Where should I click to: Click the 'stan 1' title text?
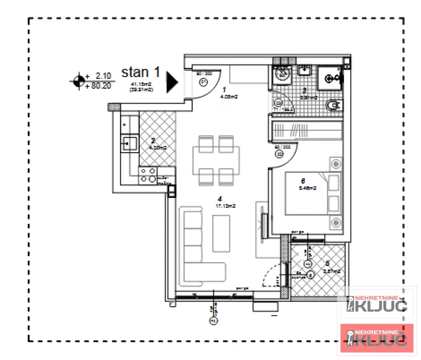[x=140, y=72]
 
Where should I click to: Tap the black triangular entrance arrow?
[x=172, y=82]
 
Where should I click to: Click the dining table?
[x=216, y=160]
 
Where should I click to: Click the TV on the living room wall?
[x=264, y=226]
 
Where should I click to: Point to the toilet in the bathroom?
[x=333, y=106]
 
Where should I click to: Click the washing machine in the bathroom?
[x=283, y=74]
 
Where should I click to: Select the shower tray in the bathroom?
[x=331, y=78]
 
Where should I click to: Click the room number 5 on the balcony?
[x=327, y=264]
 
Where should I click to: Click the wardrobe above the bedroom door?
[x=307, y=130]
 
